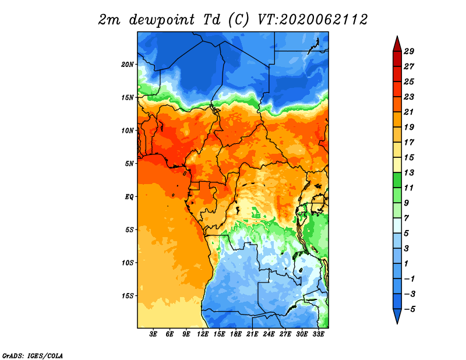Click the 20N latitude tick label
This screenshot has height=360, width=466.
[x=128, y=65]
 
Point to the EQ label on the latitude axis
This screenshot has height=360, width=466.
[x=129, y=197]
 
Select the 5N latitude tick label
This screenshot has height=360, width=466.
[x=129, y=164]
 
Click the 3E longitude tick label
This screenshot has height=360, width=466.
[x=153, y=334]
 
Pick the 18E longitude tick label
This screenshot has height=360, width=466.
[x=236, y=334]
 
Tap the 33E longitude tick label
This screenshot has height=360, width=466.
[x=318, y=334]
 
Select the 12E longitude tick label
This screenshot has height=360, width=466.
[x=203, y=334]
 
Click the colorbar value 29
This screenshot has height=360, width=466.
[x=409, y=51]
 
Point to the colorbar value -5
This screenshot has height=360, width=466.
[x=409, y=309]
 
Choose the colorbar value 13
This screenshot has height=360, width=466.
[x=409, y=172]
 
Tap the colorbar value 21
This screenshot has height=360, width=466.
[x=409, y=112]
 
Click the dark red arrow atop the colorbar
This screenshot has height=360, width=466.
[x=397, y=45]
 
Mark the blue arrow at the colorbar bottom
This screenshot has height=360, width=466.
[x=397, y=315]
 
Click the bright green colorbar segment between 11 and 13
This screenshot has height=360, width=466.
[x=397, y=180]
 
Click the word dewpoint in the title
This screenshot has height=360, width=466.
[x=162, y=20]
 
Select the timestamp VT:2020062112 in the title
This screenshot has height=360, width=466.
[x=313, y=20]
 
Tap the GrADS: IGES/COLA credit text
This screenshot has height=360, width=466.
[x=33, y=356]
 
